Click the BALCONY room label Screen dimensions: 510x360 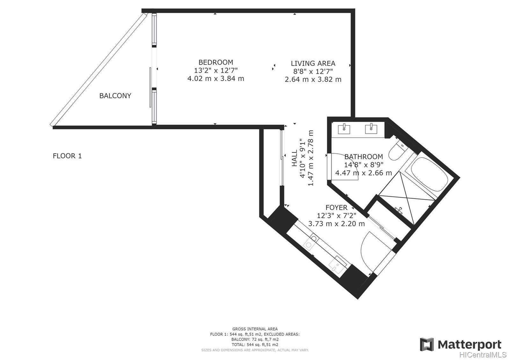pyautogui.click(x=115, y=96)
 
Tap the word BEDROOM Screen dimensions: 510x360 pyautogui.click(x=215, y=62)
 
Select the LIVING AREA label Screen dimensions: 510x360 pyautogui.click(x=313, y=63)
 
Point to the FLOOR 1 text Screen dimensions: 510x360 pyautogui.click(x=67, y=156)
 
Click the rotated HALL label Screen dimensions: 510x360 pyautogui.click(x=295, y=158)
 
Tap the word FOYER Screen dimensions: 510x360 pyautogui.click(x=336, y=207)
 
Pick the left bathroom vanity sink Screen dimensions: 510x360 pyautogui.click(x=344, y=129)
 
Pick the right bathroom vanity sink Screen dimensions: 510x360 pyautogui.click(x=371, y=129)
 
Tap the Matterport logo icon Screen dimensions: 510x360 pyautogui.click(x=427, y=344)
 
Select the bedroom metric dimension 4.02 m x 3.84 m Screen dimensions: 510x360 pyautogui.click(x=215, y=79)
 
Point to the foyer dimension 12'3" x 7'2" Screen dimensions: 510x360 pyautogui.click(x=336, y=215)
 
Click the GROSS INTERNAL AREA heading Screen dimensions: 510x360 pyautogui.click(x=255, y=329)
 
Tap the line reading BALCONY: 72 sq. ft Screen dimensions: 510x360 pyautogui.click(x=255, y=340)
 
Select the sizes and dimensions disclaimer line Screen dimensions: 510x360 pyautogui.click(x=255, y=350)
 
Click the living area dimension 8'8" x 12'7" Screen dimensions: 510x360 pyautogui.click(x=313, y=71)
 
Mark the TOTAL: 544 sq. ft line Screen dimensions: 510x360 pyautogui.click(x=255, y=345)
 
